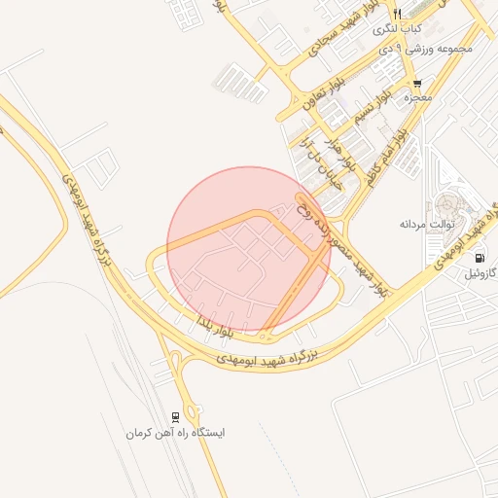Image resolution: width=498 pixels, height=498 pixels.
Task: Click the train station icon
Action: pos(175,415)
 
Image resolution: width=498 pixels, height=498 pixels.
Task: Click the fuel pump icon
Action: pos(480,258)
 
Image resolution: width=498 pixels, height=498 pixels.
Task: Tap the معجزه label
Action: pos(417,97)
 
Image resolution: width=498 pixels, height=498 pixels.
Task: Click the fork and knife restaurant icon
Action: pos(397,13)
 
